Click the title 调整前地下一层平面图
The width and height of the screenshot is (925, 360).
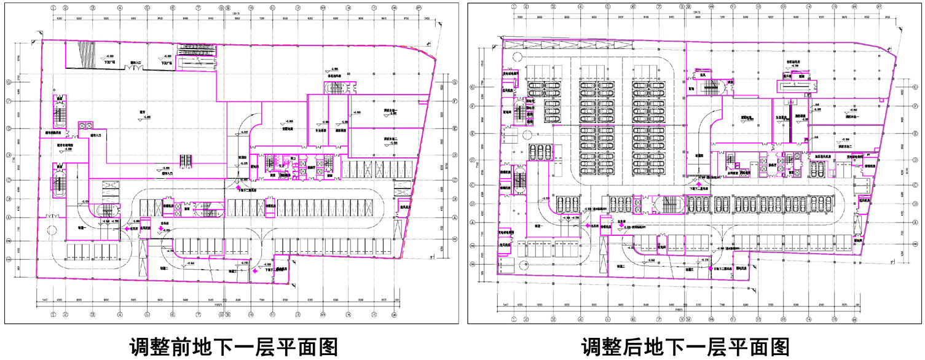pyautogui.click(x=234, y=346)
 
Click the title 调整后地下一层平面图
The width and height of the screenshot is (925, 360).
pyautogui.click(x=685, y=346)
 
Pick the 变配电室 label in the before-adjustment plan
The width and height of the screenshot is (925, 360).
pyautogui.click(x=287, y=130)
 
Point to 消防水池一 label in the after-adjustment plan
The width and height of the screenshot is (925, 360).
pyautogui.click(x=855, y=115)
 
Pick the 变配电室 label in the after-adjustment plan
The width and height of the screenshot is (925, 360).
pyautogui.click(x=747, y=117)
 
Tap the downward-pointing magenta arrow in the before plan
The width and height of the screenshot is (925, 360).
pyautogui.click(x=161, y=229)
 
